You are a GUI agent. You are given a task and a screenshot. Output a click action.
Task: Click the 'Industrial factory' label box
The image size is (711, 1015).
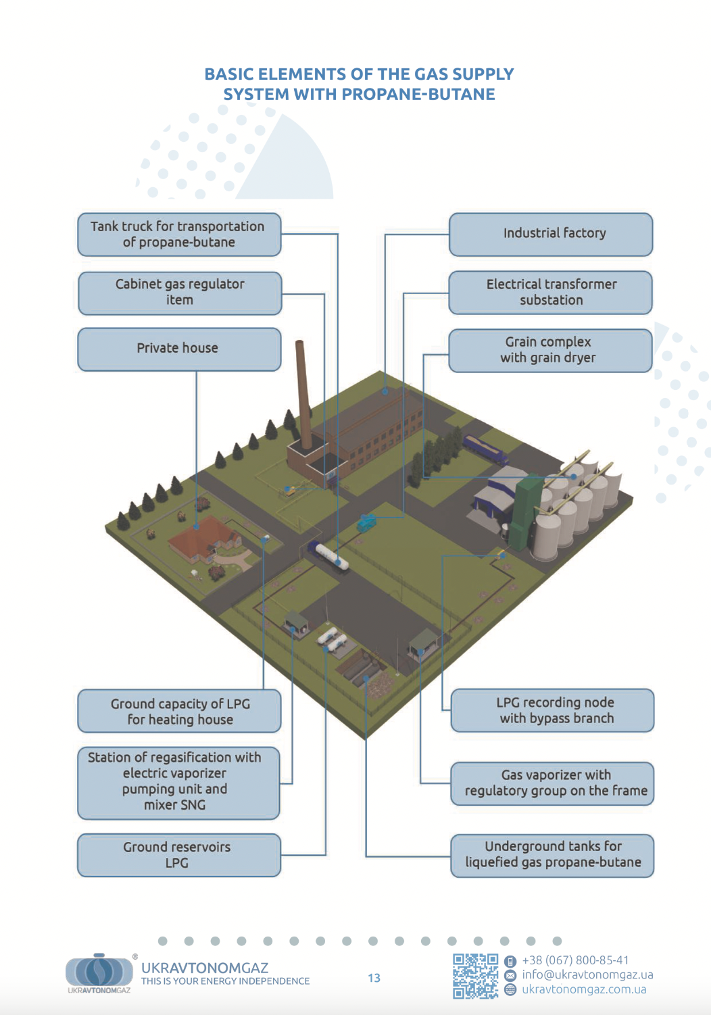[551, 234]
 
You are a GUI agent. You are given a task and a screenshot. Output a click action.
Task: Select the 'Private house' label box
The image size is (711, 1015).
[180, 349]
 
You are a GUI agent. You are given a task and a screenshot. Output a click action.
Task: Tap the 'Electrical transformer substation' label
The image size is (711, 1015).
[551, 293]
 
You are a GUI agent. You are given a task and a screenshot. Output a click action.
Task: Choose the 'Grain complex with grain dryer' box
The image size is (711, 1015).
[551, 351]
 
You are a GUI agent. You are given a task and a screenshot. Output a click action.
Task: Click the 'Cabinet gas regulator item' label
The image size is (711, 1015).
[180, 293]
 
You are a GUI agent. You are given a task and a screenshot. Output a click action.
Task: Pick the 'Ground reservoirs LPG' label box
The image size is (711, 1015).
[179, 855]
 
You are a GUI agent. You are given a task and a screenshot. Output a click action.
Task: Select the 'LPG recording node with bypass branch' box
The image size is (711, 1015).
[552, 710]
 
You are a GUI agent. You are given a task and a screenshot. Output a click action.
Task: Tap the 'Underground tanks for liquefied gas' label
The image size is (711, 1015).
[552, 856]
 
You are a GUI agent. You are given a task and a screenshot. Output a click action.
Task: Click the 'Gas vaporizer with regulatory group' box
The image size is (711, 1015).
[552, 783]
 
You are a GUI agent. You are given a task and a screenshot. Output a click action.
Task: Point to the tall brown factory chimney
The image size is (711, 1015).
[303, 394]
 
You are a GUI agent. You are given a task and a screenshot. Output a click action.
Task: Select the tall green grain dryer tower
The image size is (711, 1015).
[525, 512]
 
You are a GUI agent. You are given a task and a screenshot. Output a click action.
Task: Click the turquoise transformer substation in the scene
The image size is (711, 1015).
[366, 522]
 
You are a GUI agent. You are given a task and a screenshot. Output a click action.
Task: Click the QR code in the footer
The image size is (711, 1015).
[475, 976]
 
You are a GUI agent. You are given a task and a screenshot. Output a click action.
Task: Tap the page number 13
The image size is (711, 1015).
[374, 978]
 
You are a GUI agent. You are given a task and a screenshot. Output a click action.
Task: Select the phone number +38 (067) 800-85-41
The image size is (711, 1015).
[575, 960]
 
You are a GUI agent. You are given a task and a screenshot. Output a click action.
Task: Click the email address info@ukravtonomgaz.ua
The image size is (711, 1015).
[587, 974]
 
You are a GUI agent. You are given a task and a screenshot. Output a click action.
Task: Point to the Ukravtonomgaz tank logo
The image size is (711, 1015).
[99, 970]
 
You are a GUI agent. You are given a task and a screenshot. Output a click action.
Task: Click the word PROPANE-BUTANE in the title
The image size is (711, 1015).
[418, 94]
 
